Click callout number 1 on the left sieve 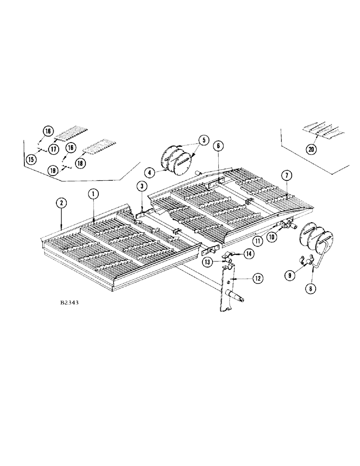point(93,193)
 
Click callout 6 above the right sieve point(218,146)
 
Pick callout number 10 point(271,237)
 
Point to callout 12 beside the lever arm point(256,278)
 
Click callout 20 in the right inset point(311,149)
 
